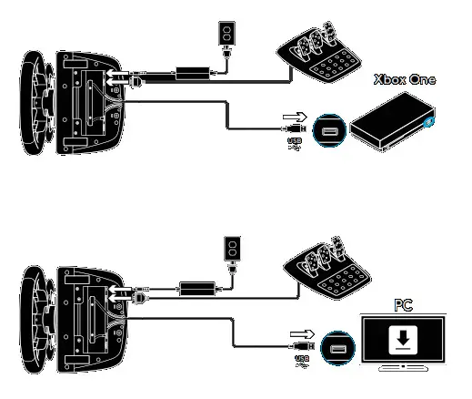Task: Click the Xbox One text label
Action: [x=403, y=80]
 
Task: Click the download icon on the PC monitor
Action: [x=401, y=339]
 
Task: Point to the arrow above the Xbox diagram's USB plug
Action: [x=294, y=117]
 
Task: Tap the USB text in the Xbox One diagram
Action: [x=292, y=143]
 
